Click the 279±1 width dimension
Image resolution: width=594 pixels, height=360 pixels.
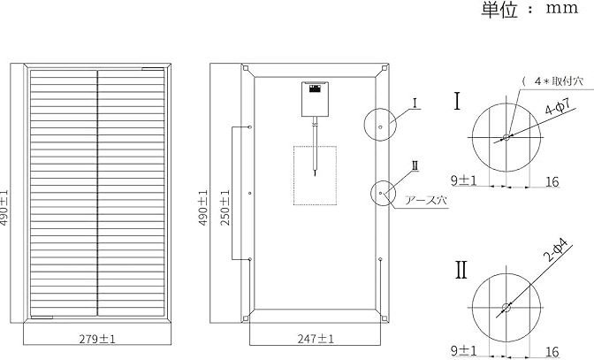[x=97, y=339]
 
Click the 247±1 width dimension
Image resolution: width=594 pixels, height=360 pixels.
[x=316, y=339]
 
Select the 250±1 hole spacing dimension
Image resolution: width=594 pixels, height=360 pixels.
[x=225, y=208]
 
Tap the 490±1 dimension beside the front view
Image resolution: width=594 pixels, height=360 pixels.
[x=4, y=208]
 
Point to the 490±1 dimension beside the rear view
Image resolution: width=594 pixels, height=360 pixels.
[x=203, y=208]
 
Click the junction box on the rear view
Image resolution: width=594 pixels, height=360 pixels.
[x=315, y=99]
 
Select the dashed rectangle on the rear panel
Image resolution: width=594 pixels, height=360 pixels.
[x=316, y=175]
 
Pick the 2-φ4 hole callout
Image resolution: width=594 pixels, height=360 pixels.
[x=556, y=250]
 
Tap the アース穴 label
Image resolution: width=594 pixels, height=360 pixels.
[x=426, y=200]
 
